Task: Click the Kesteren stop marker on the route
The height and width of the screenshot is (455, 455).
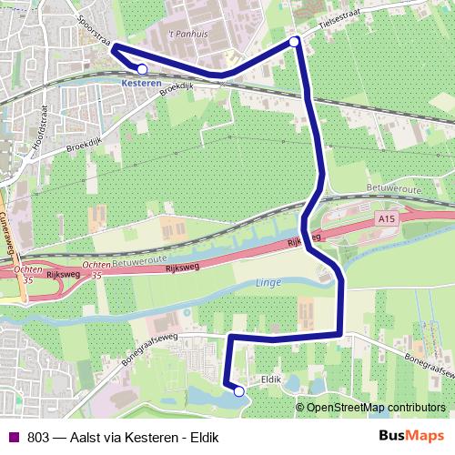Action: pyautogui.click(x=142, y=68)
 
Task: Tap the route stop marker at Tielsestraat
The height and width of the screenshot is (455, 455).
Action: pyautogui.click(x=294, y=42)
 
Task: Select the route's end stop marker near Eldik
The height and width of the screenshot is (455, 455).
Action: pyautogui.click(x=239, y=391)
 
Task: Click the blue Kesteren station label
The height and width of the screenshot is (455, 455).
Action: pyautogui.click(x=140, y=82)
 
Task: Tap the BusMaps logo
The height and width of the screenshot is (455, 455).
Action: pyautogui.click(x=410, y=436)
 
